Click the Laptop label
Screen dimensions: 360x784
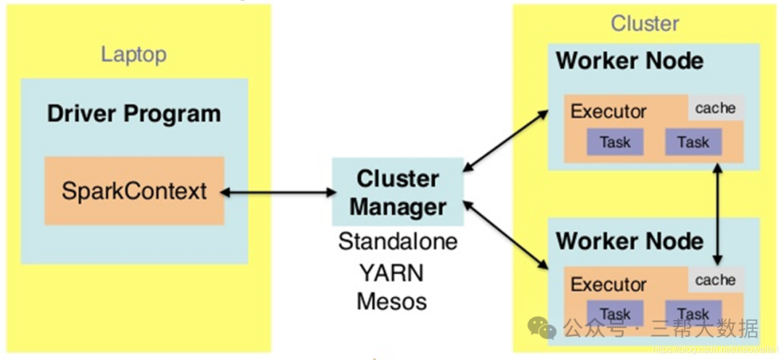pos(134,54)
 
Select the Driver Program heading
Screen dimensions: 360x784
pos(134,114)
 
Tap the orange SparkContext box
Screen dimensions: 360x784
pos(134,191)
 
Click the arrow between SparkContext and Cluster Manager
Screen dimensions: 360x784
pos(278,192)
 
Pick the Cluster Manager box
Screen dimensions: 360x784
pos(397,193)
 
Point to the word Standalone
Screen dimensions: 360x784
pos(398,241)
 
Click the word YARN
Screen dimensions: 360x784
pos(391,273)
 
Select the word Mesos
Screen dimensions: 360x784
pos(391,300)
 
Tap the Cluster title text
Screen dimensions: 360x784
pos(645,23)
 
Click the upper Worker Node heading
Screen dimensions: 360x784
pos(629,61)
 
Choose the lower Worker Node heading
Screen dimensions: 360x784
pos(629,241)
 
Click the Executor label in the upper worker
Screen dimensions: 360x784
pos(608,112)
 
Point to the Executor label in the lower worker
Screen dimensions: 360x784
pos(608,284)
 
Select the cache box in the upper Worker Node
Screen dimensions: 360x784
pos(715,108)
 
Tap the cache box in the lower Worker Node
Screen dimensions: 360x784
pos(715,280)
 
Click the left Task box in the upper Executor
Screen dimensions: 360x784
pos(615,142)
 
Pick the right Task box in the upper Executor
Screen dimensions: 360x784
pos(693,142)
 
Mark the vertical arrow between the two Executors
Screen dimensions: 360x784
pos(718,214)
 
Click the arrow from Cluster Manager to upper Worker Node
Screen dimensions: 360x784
pos(505,141)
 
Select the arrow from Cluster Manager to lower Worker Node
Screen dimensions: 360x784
pos(505,234)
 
